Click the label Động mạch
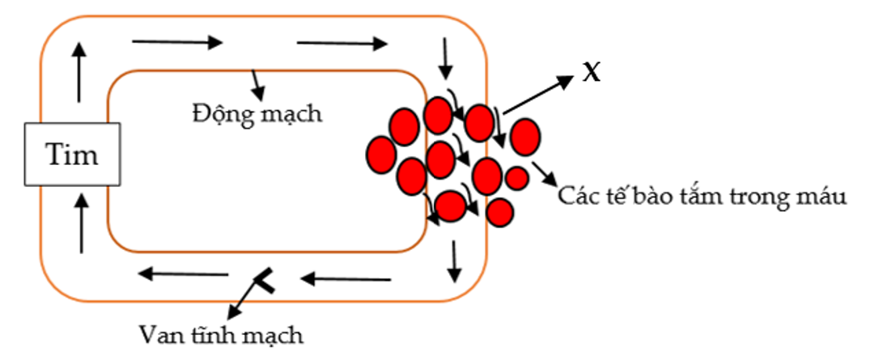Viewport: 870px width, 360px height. (257, 113)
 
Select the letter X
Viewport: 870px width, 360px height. (592, 73)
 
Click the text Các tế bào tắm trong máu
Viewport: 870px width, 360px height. (702, 196)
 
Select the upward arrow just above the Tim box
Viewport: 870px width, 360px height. (79, 71)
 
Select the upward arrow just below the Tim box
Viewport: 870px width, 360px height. (81, 222)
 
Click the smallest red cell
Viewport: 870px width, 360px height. (516, 177)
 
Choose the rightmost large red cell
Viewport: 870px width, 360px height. (525, 136)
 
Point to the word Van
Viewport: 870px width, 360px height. (159, 334)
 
